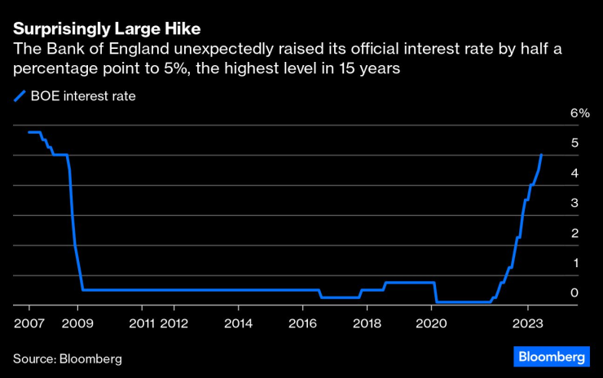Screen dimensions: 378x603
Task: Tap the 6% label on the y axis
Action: point(579,112)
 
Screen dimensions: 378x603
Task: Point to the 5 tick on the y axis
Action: point(574,143)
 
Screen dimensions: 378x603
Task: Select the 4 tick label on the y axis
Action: point(574,173)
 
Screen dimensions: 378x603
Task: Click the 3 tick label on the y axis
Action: point(574,203)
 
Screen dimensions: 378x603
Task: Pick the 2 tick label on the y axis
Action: point(574,233)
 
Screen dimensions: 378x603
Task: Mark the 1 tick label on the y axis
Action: point(574,263)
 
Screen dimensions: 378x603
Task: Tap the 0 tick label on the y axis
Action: point(574,292)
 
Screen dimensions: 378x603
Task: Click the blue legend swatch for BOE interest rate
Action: point(21,96)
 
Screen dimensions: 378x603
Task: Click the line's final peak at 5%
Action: point(541,154)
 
